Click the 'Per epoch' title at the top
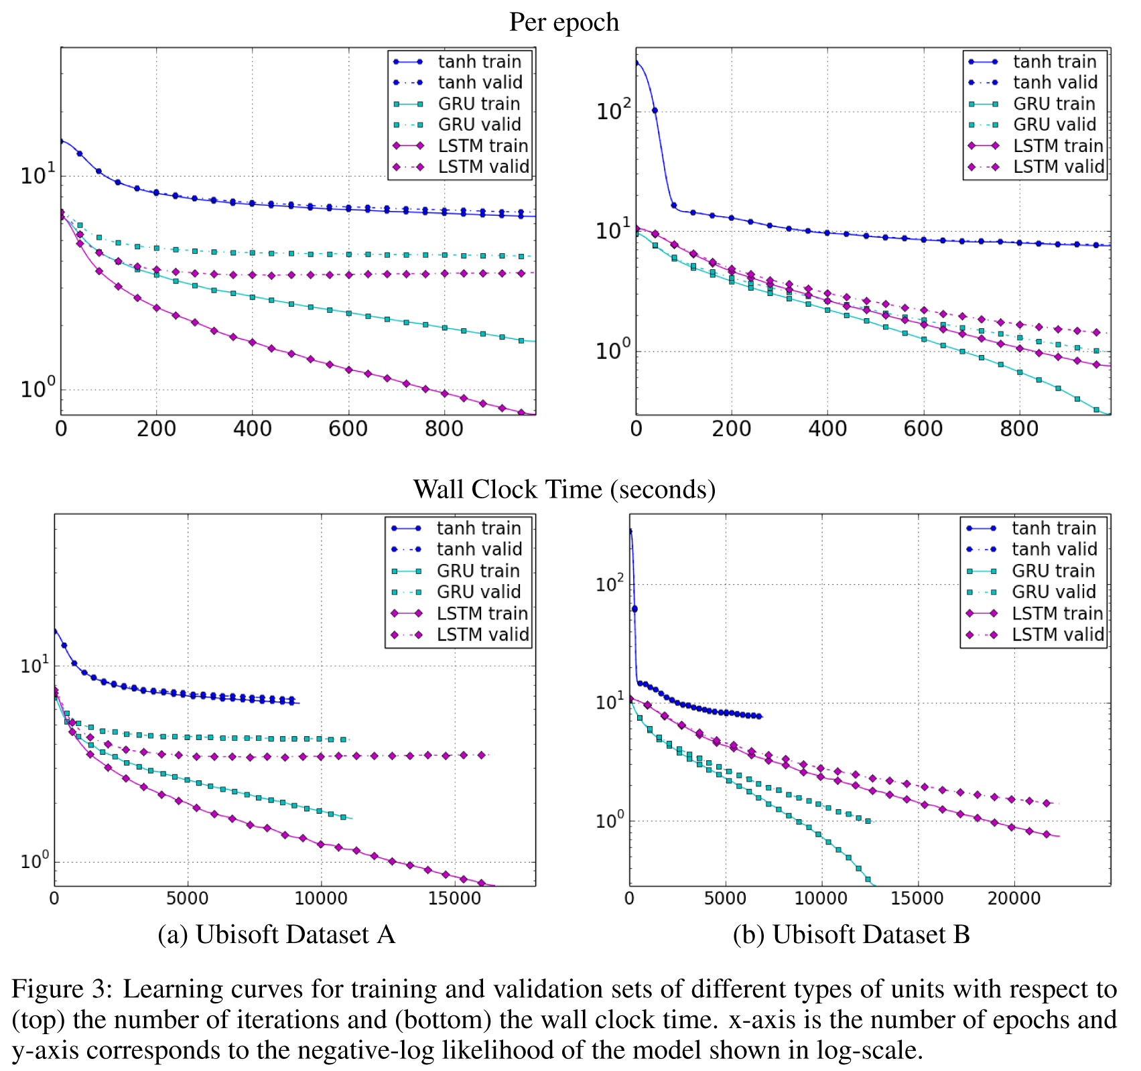click(x=563, y=22)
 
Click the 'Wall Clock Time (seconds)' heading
click(x=563, y=489)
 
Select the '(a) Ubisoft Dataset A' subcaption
click(x=276, y=934)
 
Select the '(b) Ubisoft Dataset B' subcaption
click(x=851, y=934)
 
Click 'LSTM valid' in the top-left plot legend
click(x=483, y=167)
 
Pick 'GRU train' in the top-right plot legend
click(x=1054, y=104)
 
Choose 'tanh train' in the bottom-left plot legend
click(x=478, y=528)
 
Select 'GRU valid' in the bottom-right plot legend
click(x=1053, y=592)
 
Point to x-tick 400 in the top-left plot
click(x=253, y=429)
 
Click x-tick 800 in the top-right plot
click(x=1019, y=429)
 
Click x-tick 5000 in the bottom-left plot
click(x=188, y=898)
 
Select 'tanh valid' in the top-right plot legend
click(x=1055, y=82)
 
